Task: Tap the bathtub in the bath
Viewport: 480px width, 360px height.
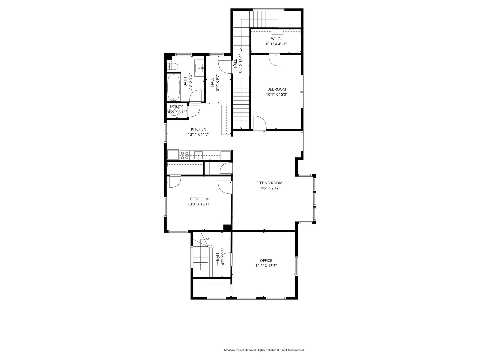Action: tap(173, 87)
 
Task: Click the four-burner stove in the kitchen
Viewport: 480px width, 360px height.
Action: tap(185, 155)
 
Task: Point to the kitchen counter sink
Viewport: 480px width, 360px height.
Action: tap(198, 155)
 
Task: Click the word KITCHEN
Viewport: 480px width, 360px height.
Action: tap(198, 129)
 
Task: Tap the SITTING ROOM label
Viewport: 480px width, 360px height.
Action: tap(269, 183)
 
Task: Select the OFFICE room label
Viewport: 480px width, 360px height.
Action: tap(266, 260)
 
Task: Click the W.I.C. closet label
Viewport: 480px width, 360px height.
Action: tap(276, 39)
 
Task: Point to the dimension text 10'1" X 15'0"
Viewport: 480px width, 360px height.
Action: tap(277, 94)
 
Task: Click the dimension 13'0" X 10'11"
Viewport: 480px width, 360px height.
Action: tap(199, 204)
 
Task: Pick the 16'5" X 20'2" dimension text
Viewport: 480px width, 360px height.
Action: tap(269, 188)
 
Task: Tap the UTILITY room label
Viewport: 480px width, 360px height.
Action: tap(176, 107)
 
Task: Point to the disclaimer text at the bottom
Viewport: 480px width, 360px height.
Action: tap(264, 350)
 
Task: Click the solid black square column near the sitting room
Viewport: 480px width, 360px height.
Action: tap(227, 228)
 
